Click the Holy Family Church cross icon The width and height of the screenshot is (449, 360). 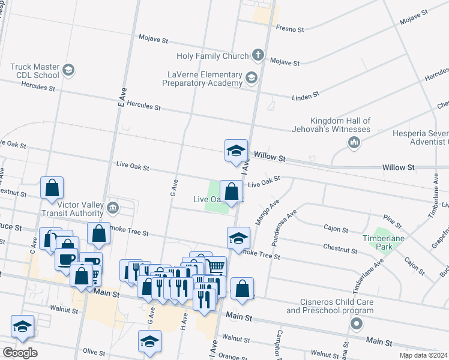pyautogui.click(x=258, y=55)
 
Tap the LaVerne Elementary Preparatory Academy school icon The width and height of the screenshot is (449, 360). pyautogui.click(x=251, y=77)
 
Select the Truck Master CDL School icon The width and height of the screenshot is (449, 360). pyautogui.click(x=68, y=70)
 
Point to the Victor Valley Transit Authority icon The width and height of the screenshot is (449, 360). pyautogui.click(x=113, y=208)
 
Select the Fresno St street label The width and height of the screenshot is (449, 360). pyautogui.click(x=291, y=27)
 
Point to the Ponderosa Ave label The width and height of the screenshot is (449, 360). pyautogui.click(x=283, y=223)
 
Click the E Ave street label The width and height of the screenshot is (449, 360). pyautogui.click(x=121, y=98)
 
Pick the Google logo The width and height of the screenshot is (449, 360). pyautogui.click(x=20, y=353)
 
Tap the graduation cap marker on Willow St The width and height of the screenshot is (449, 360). pyautogui.click(x=237, y=151)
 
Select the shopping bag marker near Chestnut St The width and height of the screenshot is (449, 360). pyautogui.click(x=52, y=187)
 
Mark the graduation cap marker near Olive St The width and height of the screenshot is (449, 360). pyautogui.click(x=149, y=341)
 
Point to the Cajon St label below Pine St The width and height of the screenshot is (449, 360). pyautogui.click(x=336, y=229)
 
